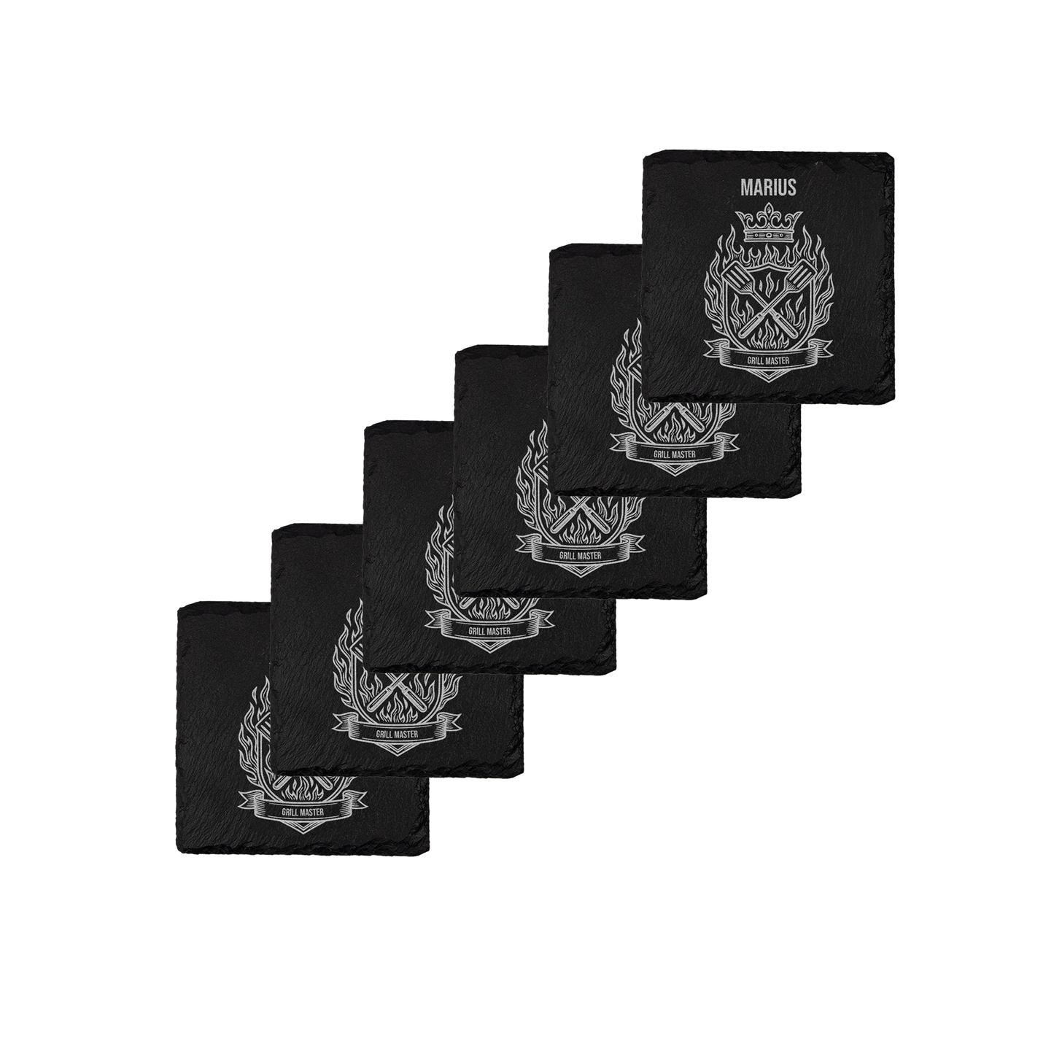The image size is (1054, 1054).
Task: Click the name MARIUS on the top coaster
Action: (x=768, y=187)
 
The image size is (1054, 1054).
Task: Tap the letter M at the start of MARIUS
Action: (x=745, y=187)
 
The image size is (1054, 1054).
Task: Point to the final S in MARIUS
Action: (x=792, y=187)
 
